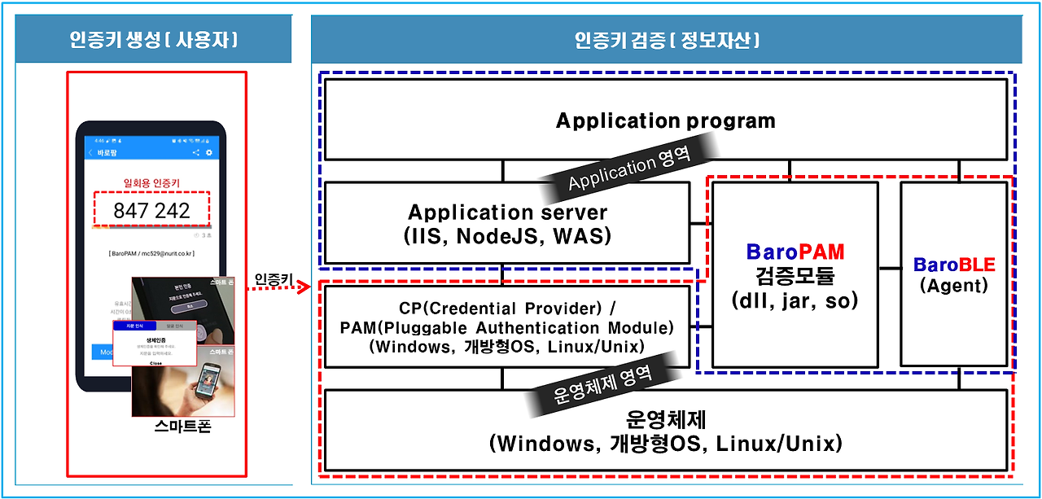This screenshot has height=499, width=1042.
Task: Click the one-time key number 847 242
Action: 151,211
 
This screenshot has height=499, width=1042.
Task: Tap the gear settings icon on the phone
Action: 209,153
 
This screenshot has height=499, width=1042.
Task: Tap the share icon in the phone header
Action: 195,153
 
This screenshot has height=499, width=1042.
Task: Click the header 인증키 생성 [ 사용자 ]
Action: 154,39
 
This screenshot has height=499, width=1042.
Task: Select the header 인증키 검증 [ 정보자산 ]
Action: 667,39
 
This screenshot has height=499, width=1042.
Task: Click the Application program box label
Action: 665,121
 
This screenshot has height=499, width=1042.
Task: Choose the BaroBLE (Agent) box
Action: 953,274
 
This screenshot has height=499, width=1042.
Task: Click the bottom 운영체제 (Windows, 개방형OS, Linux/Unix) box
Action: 665,431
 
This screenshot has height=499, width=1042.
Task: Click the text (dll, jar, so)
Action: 795,300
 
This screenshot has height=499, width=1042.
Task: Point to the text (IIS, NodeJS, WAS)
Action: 507,236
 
